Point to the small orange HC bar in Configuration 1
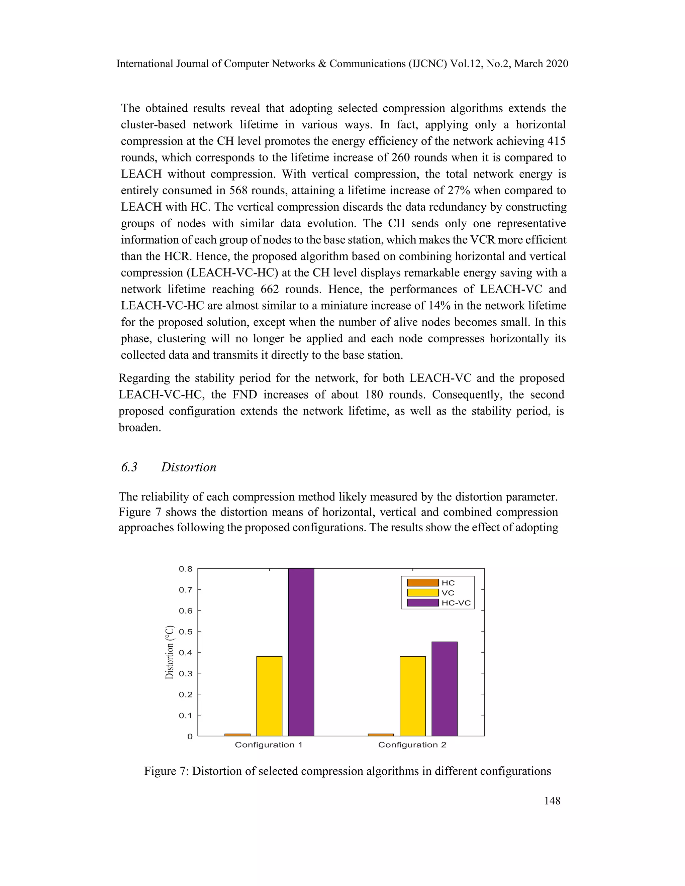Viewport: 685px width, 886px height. pyautogui.click(x=237, y=735)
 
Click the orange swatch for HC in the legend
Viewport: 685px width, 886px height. pyautogui.click(x=423, y=582)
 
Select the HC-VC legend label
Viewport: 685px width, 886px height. pyautogui.click(x=456, y=603)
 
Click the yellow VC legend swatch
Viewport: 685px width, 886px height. pyautogui.click(x=423, y=593)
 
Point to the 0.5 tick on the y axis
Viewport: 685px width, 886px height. pyautogui.click(x=186, y=632)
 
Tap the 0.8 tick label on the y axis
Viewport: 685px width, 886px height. pyautogui.click(x=186, y=569)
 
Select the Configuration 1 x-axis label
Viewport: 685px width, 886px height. pyautogui.click(x=269, y=745)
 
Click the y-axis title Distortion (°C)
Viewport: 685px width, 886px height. pyautogui.click(x=170, y=652)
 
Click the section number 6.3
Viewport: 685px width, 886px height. pyautogui.click(x=129, y=467)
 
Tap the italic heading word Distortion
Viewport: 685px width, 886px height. pyautogui.click(x=189, y=467)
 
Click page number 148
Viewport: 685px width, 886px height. pyautogui.click(x=552, y=801)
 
